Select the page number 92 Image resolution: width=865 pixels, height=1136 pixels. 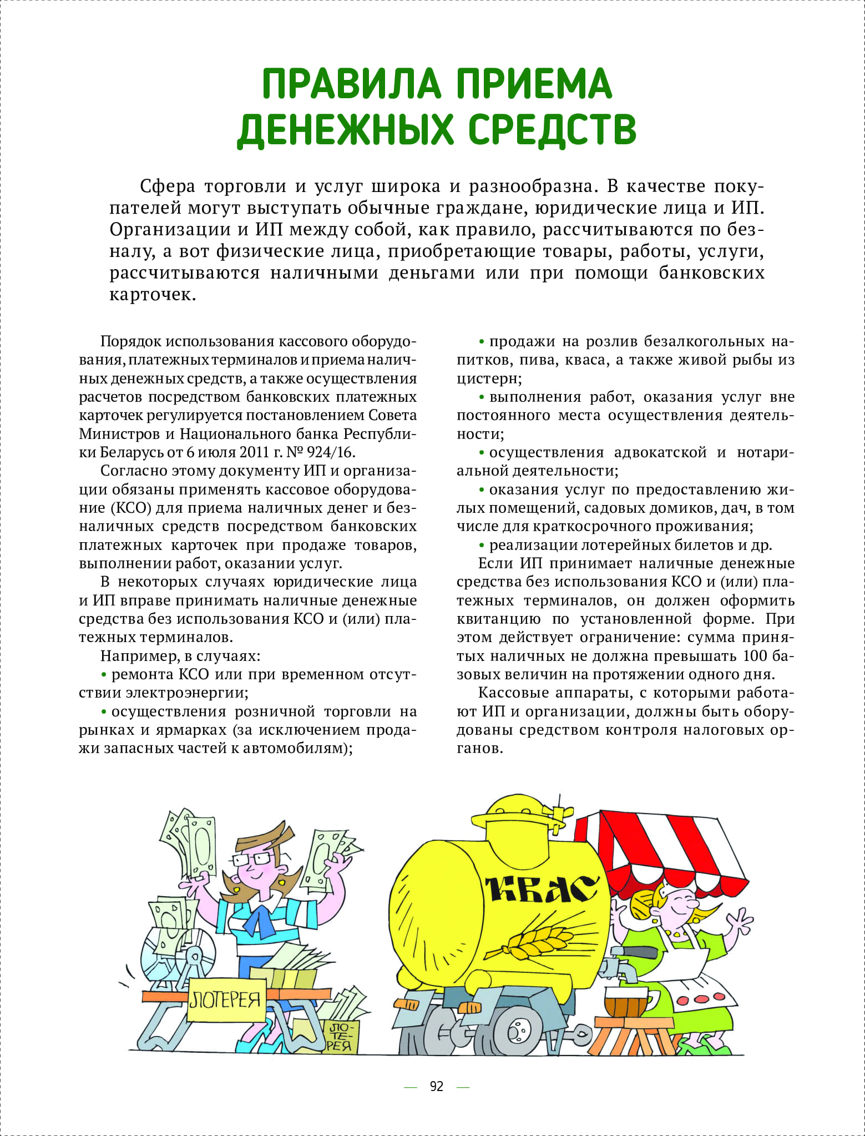[x=437, y=1086]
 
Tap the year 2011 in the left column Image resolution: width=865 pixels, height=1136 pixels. [x=255, y=452]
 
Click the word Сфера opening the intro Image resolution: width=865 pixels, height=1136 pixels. [x=168, y=186]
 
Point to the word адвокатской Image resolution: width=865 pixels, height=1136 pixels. [x=660, y=452]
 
